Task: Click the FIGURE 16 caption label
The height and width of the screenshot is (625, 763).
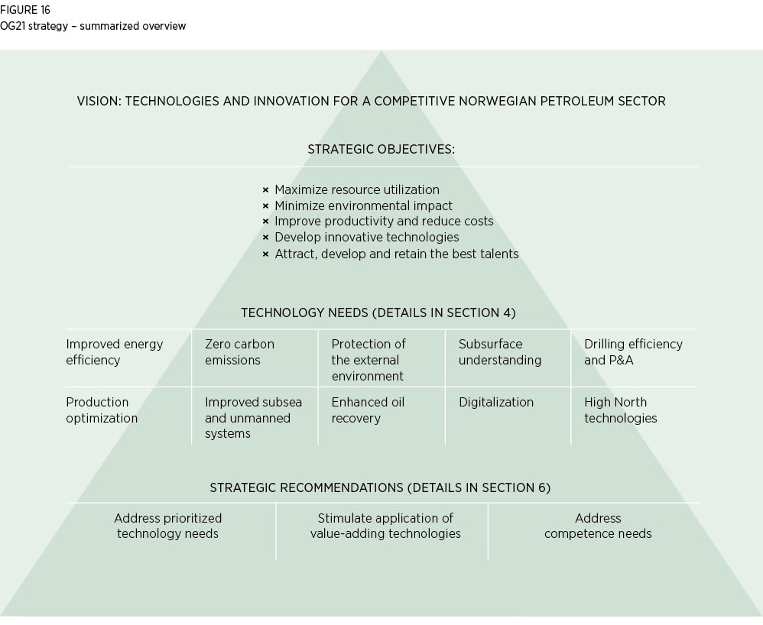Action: (25, 11)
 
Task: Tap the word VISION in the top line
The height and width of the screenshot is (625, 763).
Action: (98, 101)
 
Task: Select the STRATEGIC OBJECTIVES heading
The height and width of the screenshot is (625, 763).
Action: (381, 149)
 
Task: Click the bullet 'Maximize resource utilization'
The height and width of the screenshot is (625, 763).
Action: (356, 189)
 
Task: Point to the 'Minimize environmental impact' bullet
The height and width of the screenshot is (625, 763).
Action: (363, 206)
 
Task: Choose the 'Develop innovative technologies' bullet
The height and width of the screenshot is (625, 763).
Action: (366, 237)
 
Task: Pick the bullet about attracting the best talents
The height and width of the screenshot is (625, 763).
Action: (396, 253)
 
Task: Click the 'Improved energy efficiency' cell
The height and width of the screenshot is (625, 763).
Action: (115, 352)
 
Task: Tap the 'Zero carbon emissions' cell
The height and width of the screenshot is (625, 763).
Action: (239, 352)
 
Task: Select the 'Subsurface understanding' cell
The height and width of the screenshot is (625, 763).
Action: (499, 352)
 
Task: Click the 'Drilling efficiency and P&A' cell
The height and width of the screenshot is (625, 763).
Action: (633, 352)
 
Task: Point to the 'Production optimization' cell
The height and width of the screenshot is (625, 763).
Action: (102, 410)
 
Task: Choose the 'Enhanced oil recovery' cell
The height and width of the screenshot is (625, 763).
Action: (368, 410)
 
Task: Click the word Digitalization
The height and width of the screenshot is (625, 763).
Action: (496, 402)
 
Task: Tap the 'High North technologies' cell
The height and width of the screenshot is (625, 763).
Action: (620, 410)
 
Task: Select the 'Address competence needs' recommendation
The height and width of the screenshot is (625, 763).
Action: (598, 526)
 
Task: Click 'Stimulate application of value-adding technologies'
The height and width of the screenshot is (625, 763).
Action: (385, 526)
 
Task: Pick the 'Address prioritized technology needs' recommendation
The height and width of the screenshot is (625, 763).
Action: (168, 526)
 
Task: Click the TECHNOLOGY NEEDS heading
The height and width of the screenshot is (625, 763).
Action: (378, 312)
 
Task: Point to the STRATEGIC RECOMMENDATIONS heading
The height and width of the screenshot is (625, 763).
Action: (380, 487)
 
